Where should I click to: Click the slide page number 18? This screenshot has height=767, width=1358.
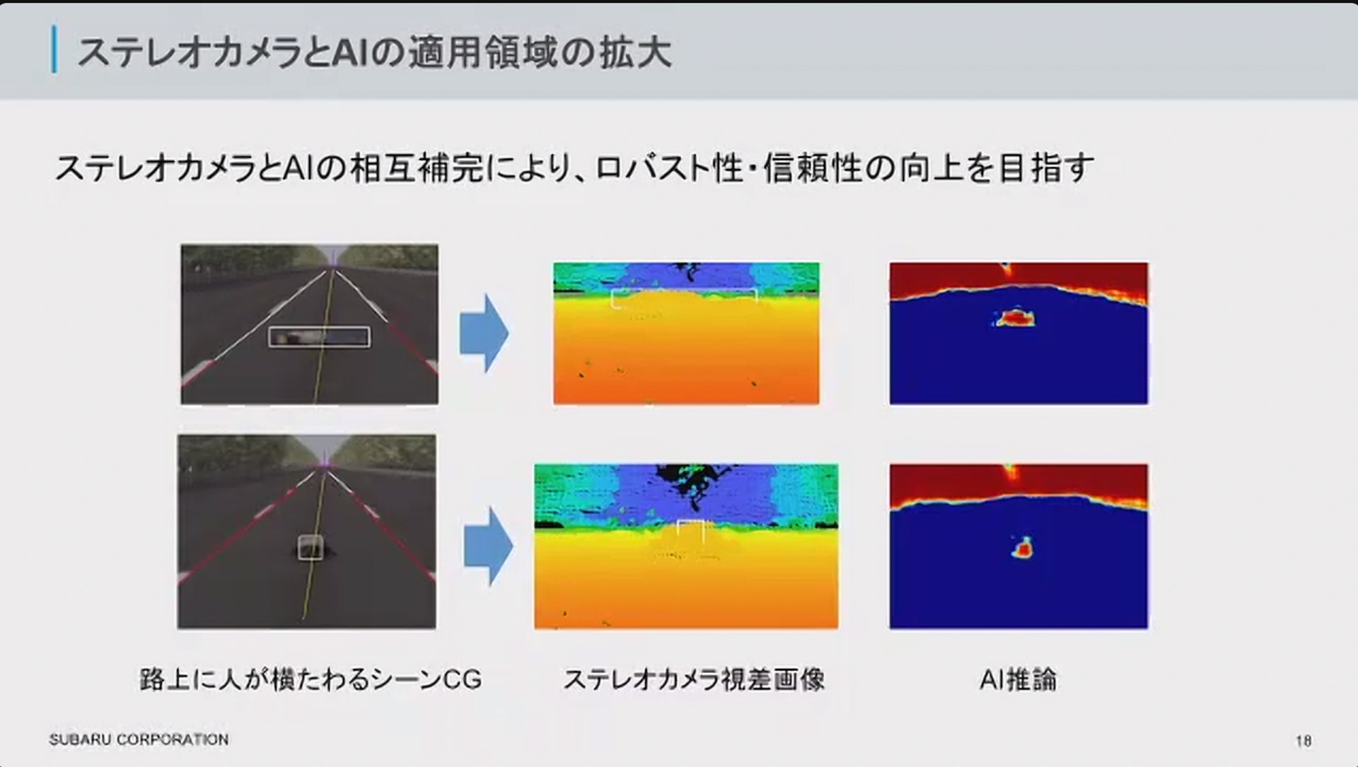click(1304, 740)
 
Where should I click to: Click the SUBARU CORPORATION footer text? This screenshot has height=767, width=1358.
click(139, 739)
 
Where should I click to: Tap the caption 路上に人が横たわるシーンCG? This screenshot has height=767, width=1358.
click(311, 679)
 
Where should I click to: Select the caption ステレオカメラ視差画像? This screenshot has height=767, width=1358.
click(694, 679)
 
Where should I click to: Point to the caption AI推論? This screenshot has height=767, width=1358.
click(1018, 679)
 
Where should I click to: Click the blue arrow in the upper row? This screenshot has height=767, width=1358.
click(484, 333)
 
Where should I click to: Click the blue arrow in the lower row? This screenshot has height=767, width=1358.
click(488, 546)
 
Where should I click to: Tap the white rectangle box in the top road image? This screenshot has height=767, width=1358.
click(319, 337)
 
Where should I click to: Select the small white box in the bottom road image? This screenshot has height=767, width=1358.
click(311, 547)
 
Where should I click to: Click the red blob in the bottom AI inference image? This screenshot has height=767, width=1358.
click(1022, 548)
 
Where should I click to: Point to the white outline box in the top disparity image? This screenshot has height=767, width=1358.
click(683, 298)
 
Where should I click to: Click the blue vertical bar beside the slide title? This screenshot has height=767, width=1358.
click(54, 49)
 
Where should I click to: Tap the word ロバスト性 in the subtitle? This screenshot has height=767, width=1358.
click(669, 169)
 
